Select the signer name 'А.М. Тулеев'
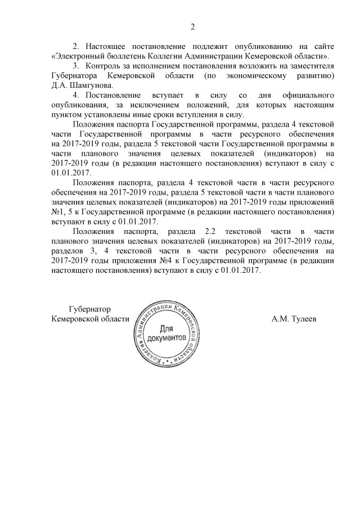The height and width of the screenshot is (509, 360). point(294,319)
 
